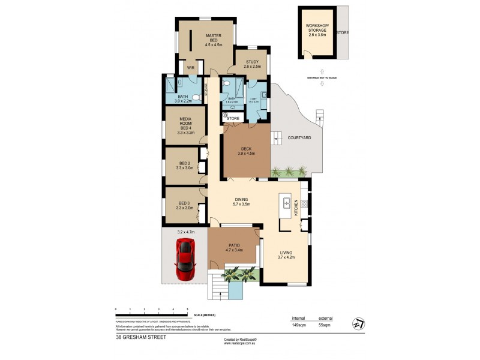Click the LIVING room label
tap(286, 255)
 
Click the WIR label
tap(191, 68)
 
